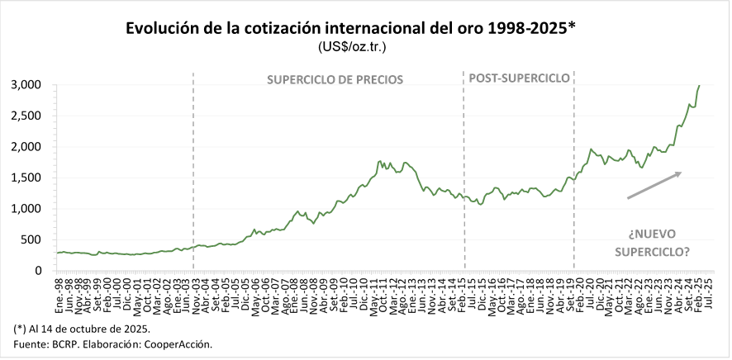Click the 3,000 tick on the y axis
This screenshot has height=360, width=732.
click(x=26, y=85)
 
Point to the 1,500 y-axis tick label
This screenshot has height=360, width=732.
click(x=26, y=178)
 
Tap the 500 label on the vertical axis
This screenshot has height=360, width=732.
click(x=31, y=239)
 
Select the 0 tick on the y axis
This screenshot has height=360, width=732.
click(x=38, y=271)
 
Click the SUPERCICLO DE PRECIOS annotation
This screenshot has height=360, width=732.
click(x=335, y=80)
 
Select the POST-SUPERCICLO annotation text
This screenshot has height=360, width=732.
click(x=519, y=78)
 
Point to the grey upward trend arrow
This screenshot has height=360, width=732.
click(x=654, y=185)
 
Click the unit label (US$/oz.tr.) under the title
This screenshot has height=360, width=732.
click(x=352, y=47)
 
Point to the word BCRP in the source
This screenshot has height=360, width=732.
click(x=67, y=343)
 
